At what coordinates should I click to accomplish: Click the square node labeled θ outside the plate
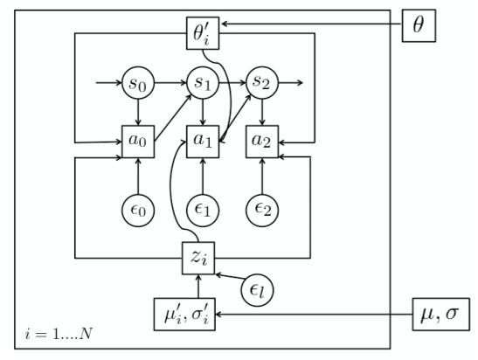(418, 25)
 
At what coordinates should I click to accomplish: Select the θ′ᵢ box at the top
(200, 35)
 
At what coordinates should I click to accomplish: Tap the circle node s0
(138, 85)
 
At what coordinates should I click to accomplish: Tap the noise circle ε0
(138, 209)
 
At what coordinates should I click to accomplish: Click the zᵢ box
(200, 258)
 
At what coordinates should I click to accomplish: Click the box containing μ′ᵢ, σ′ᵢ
(200, 312)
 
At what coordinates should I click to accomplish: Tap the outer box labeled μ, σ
(438, 312)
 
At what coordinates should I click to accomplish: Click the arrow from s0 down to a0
(138, 112)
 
